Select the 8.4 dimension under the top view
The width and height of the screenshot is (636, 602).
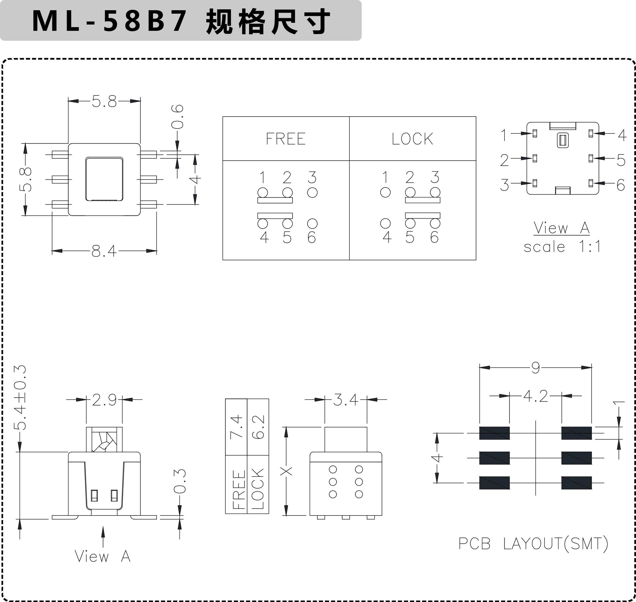(x=104, y=251)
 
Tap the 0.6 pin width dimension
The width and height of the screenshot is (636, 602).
(x=178, y=117)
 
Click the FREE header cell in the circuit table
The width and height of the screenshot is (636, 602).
(x=286, y=139)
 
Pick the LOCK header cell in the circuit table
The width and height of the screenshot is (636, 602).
(x=412, y=139)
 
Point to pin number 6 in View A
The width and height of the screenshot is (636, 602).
(x=621, y=185)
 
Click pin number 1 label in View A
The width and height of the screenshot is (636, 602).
(x=504, y=135)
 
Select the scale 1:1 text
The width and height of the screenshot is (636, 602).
(x=562, y=247)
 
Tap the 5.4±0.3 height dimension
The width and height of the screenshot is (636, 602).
(x=20, y=398)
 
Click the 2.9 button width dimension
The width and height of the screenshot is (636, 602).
(x=104, y=400)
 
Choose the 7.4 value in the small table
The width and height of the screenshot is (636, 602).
(x=237, y=427)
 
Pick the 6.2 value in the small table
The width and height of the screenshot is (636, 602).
(x=258, y=427)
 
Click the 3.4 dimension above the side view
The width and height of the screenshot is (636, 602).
(x=345, y=400)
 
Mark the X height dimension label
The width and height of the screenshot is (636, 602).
(x=286, y=471)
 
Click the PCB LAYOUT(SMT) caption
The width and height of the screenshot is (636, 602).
(x=533, y=544)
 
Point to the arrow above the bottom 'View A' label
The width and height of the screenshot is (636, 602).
(x=103, y=537)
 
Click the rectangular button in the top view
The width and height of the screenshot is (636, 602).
(x=104, y=179)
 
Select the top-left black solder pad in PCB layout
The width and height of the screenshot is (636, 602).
(x=494, y=433)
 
